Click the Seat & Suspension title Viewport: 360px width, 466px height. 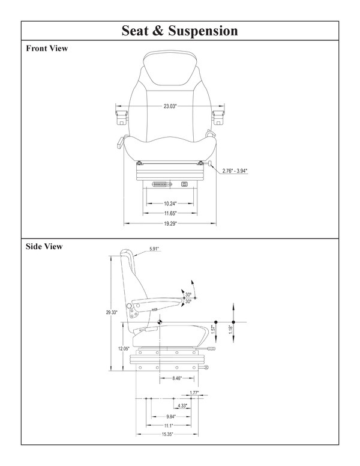pos(179,30)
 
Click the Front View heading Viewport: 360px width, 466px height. pos(47,49)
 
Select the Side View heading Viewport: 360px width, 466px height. pos(44,246)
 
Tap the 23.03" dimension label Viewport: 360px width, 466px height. pos(170,106)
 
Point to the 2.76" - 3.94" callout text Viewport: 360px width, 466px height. pos(235,171)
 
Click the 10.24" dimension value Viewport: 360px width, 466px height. pos(170,203)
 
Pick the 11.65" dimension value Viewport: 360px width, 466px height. pos(170,213)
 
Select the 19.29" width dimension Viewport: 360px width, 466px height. pos(170,223)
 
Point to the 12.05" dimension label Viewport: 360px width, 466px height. pos(124,348)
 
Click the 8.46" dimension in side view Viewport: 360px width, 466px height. pos(178,378)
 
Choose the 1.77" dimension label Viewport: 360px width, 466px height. pos(194,393)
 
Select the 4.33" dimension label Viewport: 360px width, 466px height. pos(182,406)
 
